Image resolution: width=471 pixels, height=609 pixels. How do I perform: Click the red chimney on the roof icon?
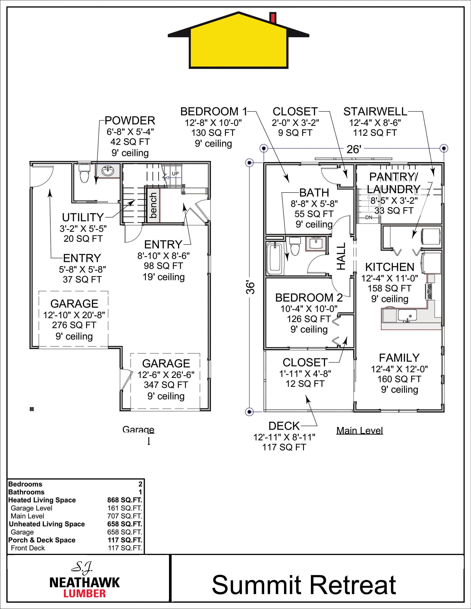[273, 18]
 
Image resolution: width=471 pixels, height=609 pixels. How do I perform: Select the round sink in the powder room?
[107, 171]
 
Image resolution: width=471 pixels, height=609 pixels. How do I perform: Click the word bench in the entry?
[153, 206]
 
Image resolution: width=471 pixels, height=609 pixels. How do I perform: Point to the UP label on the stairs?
[175, 173]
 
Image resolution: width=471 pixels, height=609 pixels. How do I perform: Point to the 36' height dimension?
[251, 288]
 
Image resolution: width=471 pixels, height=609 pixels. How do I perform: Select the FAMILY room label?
[399, 358]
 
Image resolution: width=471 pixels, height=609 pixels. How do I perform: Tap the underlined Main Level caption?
[360, 431]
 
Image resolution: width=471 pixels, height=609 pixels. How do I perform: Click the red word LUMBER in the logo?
[85, 593]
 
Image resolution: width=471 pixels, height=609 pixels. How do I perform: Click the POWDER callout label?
[130, 121]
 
